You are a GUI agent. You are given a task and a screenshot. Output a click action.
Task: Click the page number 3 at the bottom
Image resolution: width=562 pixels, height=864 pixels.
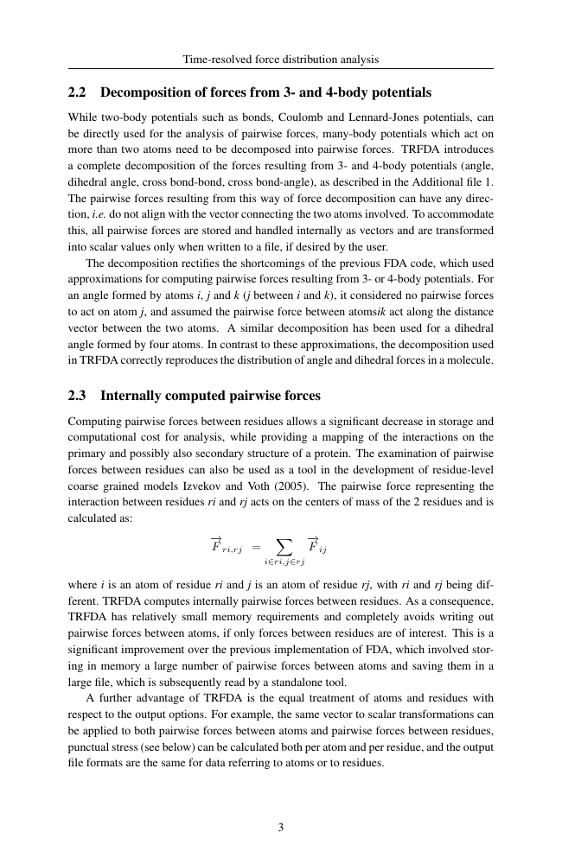pos(281,827)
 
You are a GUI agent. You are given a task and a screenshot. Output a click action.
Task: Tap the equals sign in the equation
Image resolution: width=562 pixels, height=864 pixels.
pos(255,547)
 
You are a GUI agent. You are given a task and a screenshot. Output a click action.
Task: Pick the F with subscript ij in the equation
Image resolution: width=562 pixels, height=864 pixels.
pos(317,546)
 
